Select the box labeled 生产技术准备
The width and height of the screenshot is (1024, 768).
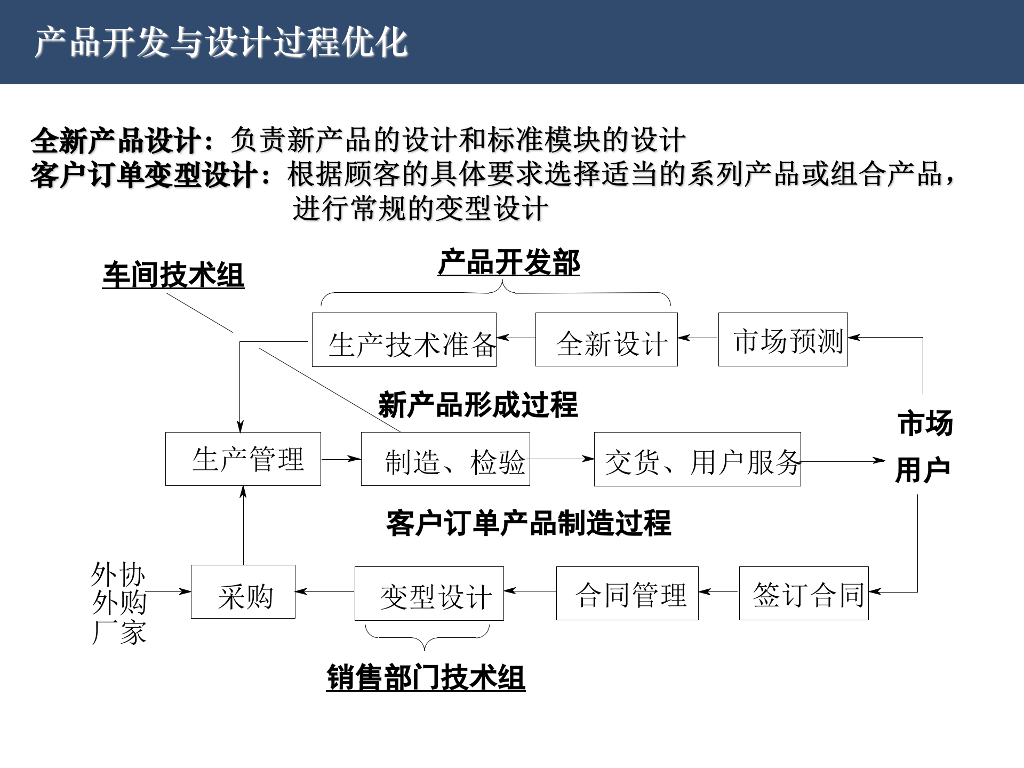coord(404,340)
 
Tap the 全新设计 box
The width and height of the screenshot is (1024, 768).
coord(606,340)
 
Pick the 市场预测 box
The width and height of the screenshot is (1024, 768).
coord(783,340)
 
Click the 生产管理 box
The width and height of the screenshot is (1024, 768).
coord(243,459)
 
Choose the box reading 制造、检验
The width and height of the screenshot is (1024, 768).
coord(445,459)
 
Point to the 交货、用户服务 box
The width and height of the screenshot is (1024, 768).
coord(697,459)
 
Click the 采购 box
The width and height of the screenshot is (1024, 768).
coord(243,592)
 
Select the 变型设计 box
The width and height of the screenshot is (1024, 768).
coord(429,594)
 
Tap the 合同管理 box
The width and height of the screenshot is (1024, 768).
coord(627,593)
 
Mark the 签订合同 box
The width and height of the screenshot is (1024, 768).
coord(804,593)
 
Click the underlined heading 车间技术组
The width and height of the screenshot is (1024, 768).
coord(173,276)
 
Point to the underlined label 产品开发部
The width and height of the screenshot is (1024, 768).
coord(509,263)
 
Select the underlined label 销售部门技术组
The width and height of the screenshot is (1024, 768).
coord(426,678)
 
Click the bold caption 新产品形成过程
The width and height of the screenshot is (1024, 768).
coord(478,405)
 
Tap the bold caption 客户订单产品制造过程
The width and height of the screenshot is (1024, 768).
coord(529,523)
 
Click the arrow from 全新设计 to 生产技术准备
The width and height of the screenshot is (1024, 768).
coord(516,338)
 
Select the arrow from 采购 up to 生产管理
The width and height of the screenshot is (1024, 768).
coord(243,525)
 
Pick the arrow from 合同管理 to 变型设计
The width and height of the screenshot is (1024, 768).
coord(530,591)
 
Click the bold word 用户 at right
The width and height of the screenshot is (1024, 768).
coord(923,470)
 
